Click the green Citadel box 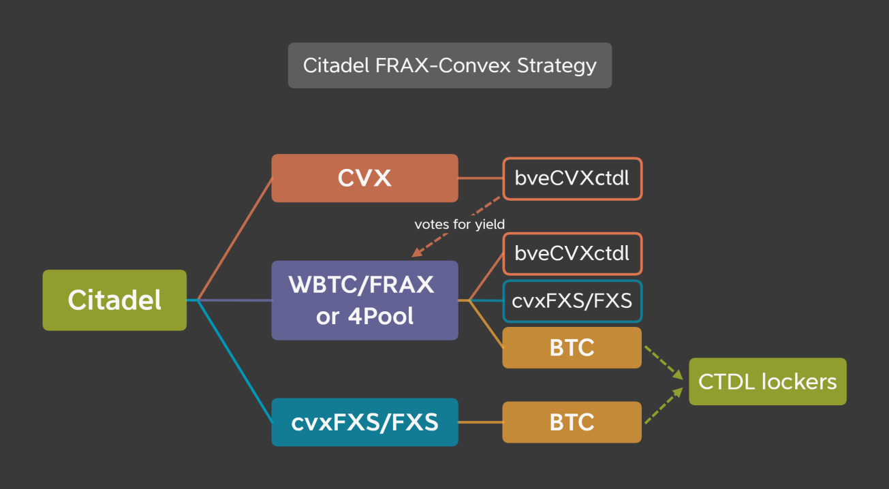coord(114,300)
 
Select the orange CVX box coord(364,178)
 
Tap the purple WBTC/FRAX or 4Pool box coord(364,300)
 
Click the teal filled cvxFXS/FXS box coord(364,422)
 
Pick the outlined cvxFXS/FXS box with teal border coord(572,301)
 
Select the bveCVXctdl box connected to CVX coord(572,179)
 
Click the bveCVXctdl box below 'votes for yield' coord(572,253)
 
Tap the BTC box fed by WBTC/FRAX coord(572,347)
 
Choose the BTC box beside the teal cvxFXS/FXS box coord(572,422)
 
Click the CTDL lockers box coord(767,381)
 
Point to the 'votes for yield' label coord(460,223)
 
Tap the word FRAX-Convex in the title coord(452,66)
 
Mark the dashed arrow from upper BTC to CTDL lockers coord(663,363)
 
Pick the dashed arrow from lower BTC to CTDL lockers coord(663,407)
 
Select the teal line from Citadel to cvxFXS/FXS coord(234,362)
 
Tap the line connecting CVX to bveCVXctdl coord(480,178)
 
